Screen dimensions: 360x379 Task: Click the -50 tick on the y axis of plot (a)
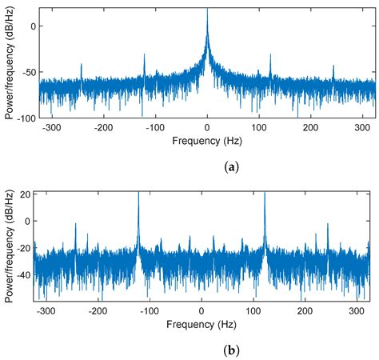coord(30,71)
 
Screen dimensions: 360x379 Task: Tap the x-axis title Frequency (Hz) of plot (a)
coord(207,140)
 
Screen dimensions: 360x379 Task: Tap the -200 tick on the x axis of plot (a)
coord(103,127)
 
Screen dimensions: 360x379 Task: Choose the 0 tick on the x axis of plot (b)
coord(201,311)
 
